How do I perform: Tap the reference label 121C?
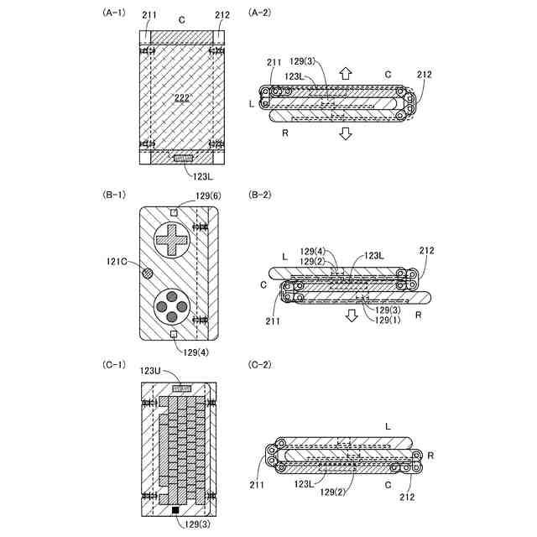point(117,262)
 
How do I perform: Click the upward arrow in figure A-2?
point(345,72)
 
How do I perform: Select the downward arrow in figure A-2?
point(345,135)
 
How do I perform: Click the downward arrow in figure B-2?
point(352,315)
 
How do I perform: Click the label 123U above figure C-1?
point(151,371)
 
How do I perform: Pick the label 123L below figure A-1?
point(205,176)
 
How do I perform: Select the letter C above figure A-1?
point(182,18)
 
